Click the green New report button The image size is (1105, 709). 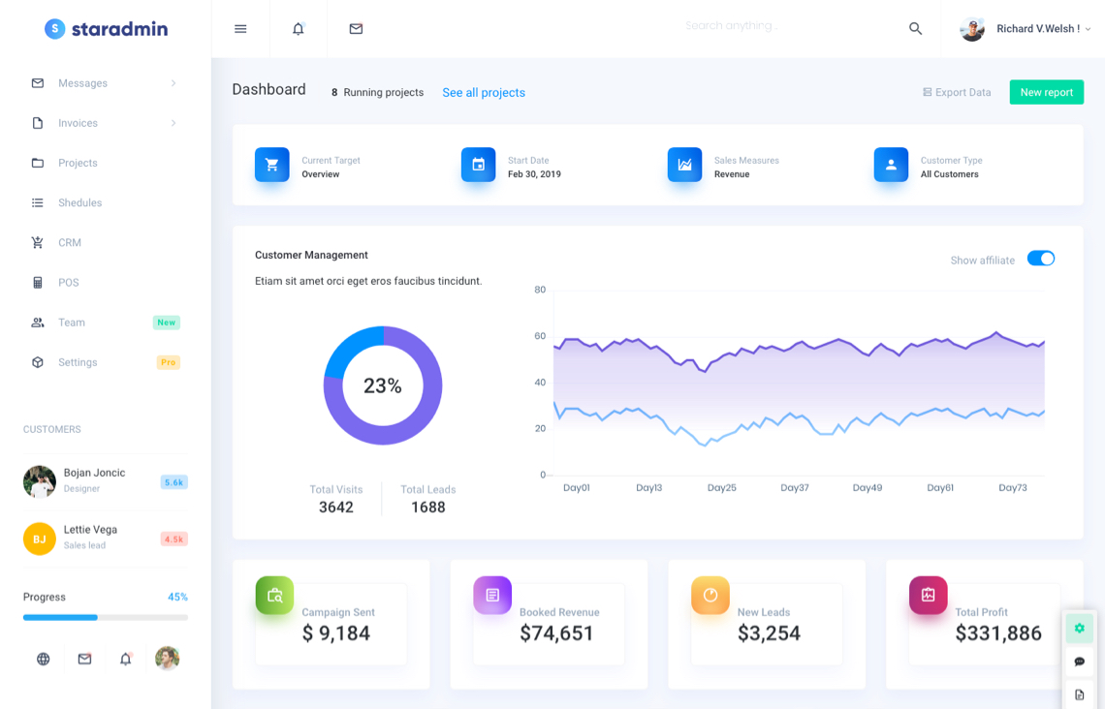(x=1046, y=92)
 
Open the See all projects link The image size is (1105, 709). (x=484, y=93)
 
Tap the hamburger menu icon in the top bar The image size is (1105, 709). (x=240, y=29)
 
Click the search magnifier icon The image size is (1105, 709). (x=915, y=29)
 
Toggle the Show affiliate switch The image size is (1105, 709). (x=1040, y=259)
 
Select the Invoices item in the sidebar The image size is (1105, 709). (x=78, y=123)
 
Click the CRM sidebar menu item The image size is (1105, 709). (x=70, y=243)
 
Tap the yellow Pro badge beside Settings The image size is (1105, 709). (x=168, y=362)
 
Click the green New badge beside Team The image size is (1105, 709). (x=167, y=323)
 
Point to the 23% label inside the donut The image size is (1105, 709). (x=383, y=386)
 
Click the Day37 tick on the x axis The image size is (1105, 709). (x=795, y=488)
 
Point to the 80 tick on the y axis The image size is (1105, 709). (x=540, y=290)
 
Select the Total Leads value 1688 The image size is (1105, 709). (x=427, y=508)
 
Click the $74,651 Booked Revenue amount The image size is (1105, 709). (x=556, y=633)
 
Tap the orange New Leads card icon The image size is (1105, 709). (x=710, y=596)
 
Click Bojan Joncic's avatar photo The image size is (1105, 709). (x=40, y=481)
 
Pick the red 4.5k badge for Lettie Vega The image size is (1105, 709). (x=174, y=539)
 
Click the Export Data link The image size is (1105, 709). (x=957, y=93)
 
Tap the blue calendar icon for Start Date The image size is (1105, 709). (x=478, y=165)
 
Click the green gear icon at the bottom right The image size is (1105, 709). (x=1079, y=629)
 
